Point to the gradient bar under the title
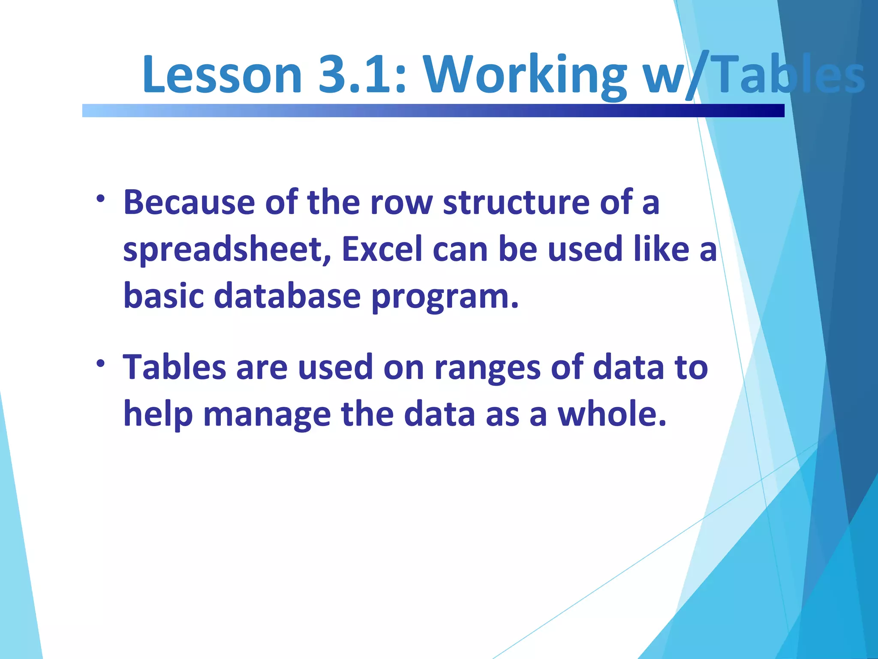pyautogui.click(x=433, y=110)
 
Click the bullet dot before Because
pyautogui.click(x=100, y=199)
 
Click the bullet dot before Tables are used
pyautogui.click(x=100, y=364)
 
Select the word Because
pyautogui.click(x=189, y=203)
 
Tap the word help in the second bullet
pyautogui.click(x=158, y=415)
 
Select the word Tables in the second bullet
pyautogui.click(x=174, y=367)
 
